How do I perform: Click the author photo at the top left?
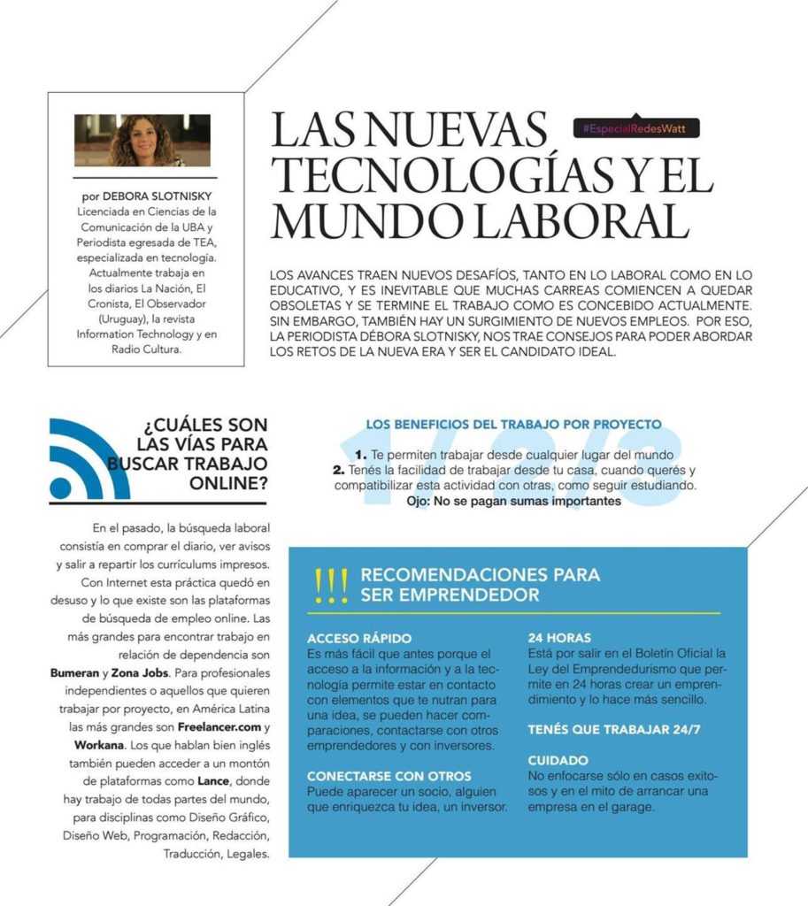click(142, 141)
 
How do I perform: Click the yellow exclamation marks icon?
click(331, 586)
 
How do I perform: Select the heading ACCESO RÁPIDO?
click(359, 638)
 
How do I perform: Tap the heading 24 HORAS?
click(559, 637)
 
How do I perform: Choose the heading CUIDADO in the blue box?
click(558, 761)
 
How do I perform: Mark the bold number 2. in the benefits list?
click(337, 470)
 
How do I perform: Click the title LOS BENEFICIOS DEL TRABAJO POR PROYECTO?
click(514, 425)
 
